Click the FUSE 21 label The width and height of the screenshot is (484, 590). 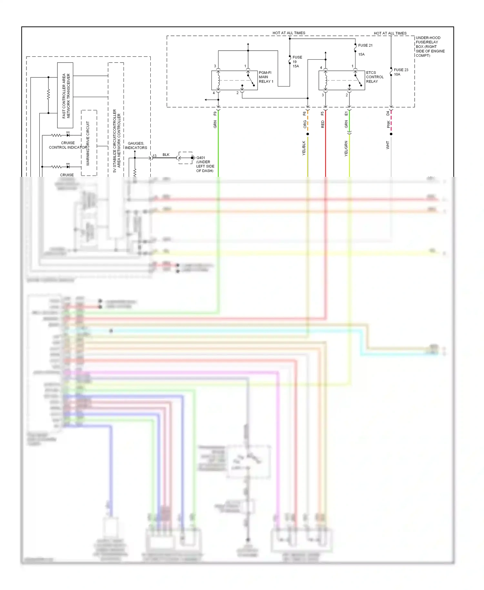click(x=365, y=46)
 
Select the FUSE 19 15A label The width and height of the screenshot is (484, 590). click(x=297, y=62)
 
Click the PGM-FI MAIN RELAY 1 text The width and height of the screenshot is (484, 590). click(x=266, y=77)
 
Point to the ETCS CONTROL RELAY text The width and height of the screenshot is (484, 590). click(x=375, y=77)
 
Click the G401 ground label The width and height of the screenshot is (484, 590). click(x=205, y=164)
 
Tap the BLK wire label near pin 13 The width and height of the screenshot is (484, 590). click(x=166, y=155)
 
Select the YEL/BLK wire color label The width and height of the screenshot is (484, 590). click(x=304, y=148)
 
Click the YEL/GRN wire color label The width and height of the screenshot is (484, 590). click(x=346, y=148)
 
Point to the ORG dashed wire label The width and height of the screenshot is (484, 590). click(x=305, y=124)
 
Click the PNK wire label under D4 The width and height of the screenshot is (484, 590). click(x=388, y=124)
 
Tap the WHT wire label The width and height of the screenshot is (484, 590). click(x=388, y=145)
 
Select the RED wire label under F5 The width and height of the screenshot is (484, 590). click(x=322, y=124)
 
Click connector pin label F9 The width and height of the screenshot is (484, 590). click(x=215, y=114)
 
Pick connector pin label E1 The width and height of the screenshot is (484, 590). click(x=346, y=114)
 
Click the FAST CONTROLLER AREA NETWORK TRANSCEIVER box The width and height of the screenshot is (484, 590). click(x=66, y=96)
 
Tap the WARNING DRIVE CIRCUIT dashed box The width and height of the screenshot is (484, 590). click(x=89, y=143)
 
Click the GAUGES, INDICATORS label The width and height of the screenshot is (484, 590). click(x=136, y=146)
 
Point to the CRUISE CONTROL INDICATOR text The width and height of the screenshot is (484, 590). click(x=68, y=145)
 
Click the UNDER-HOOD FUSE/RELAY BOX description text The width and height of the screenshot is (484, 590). click(x=430, y=47)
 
